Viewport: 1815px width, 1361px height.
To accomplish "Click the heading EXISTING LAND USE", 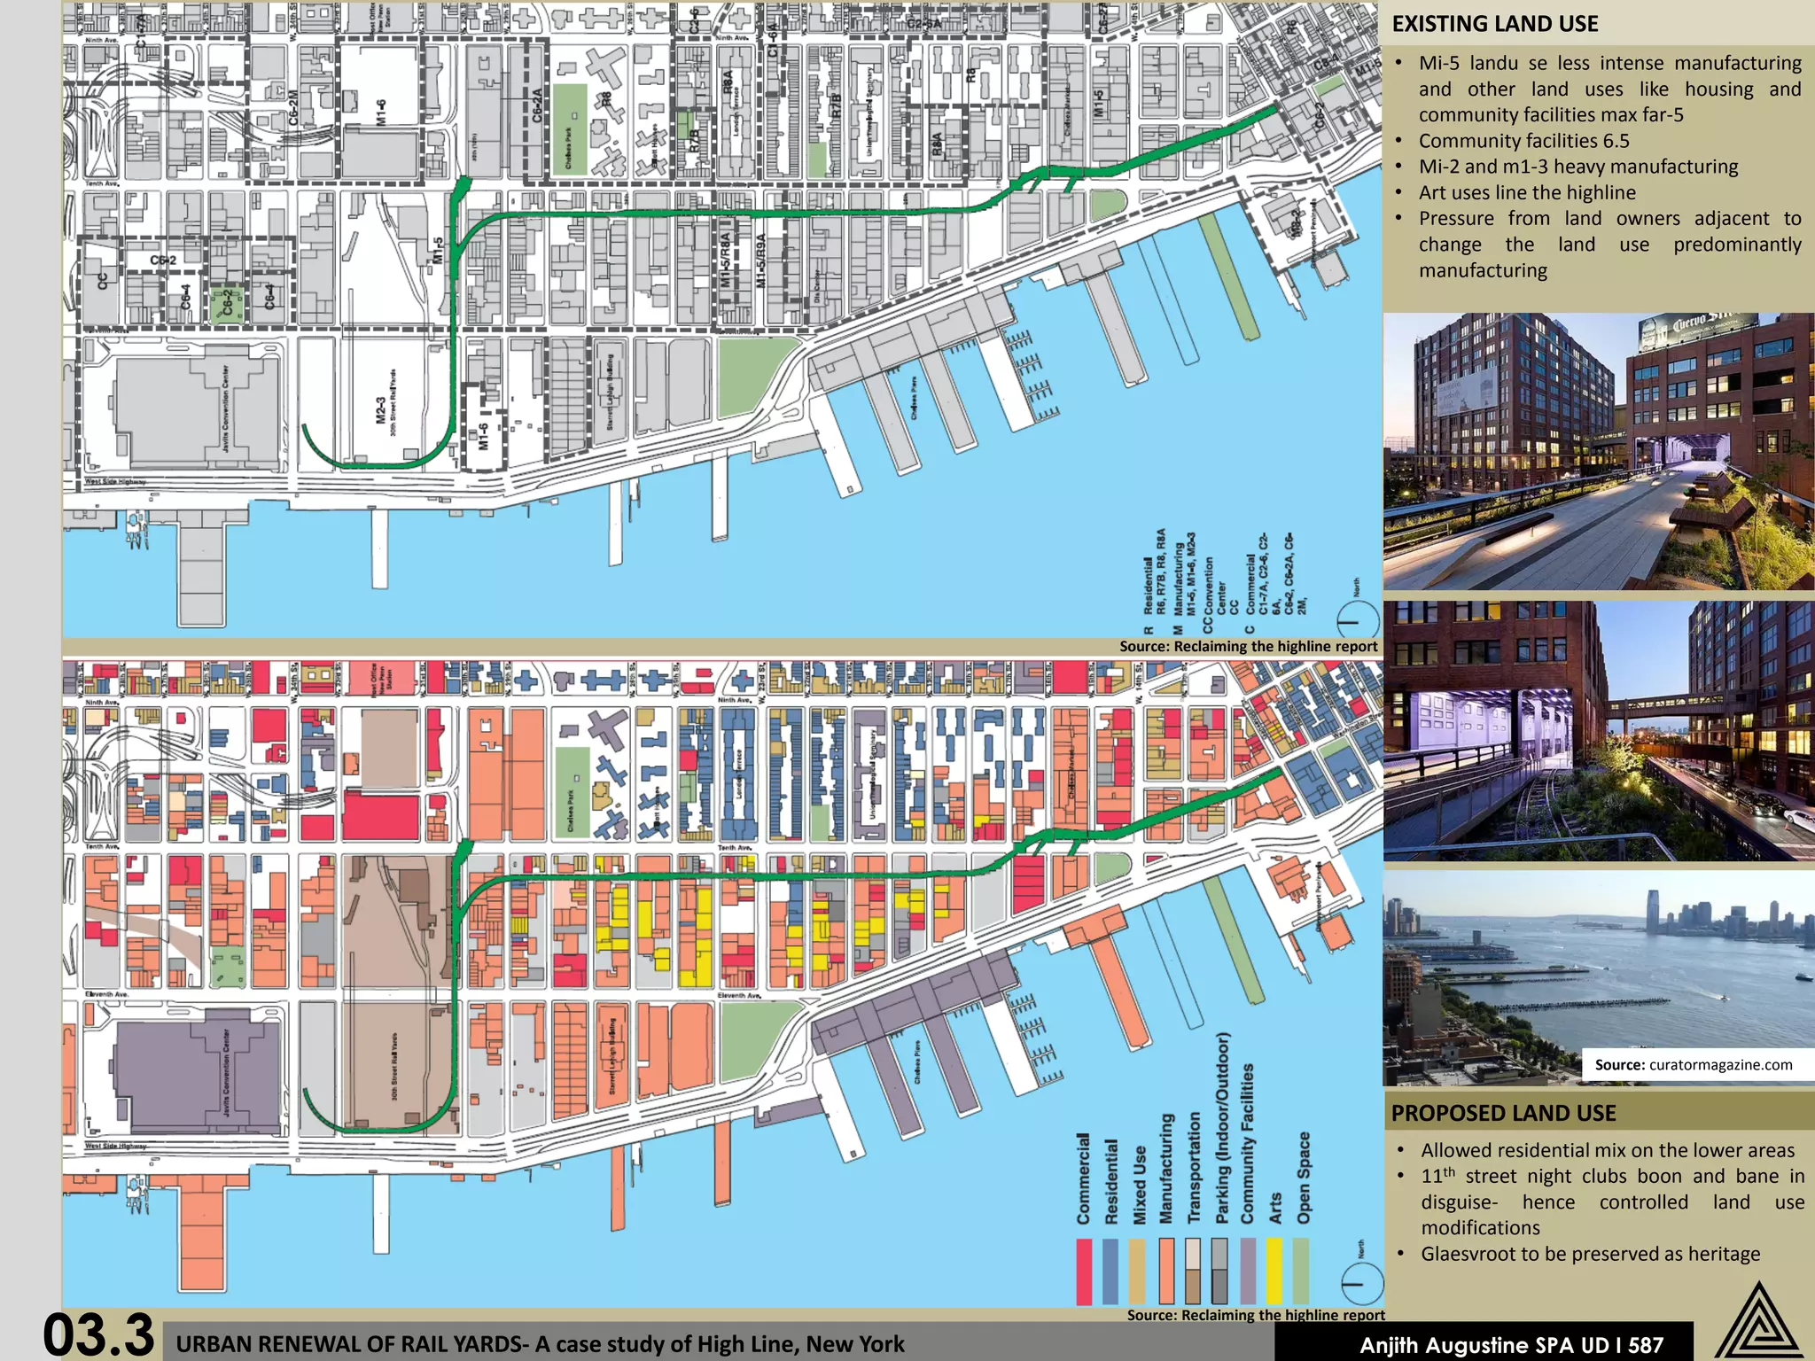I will tap(1495, 24).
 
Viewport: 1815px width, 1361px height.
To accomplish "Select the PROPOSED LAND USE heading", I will tap(1503, 1113).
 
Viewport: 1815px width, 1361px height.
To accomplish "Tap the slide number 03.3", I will tap(98, 1334).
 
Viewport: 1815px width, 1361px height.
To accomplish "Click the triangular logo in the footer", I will tap(1758, 1322).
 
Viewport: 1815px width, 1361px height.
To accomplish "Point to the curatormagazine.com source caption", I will tap(1693, 1064).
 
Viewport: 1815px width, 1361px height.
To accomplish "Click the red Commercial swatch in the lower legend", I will tap(1083, 1271).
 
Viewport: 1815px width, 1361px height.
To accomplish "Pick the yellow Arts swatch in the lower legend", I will tap(1274, 1271).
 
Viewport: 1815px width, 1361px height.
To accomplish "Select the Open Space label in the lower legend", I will tap(1303, 1178).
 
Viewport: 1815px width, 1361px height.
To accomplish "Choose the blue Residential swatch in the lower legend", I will tap(1110, 1271).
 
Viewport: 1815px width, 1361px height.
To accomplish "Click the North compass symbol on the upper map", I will tap(1356, 619).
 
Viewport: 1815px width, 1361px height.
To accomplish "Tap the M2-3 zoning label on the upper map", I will tap(381, 410).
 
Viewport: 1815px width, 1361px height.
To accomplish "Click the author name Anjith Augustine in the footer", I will tap(1447, 1345).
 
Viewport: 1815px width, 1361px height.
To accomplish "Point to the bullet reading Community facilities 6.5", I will tap(1523, 141).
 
